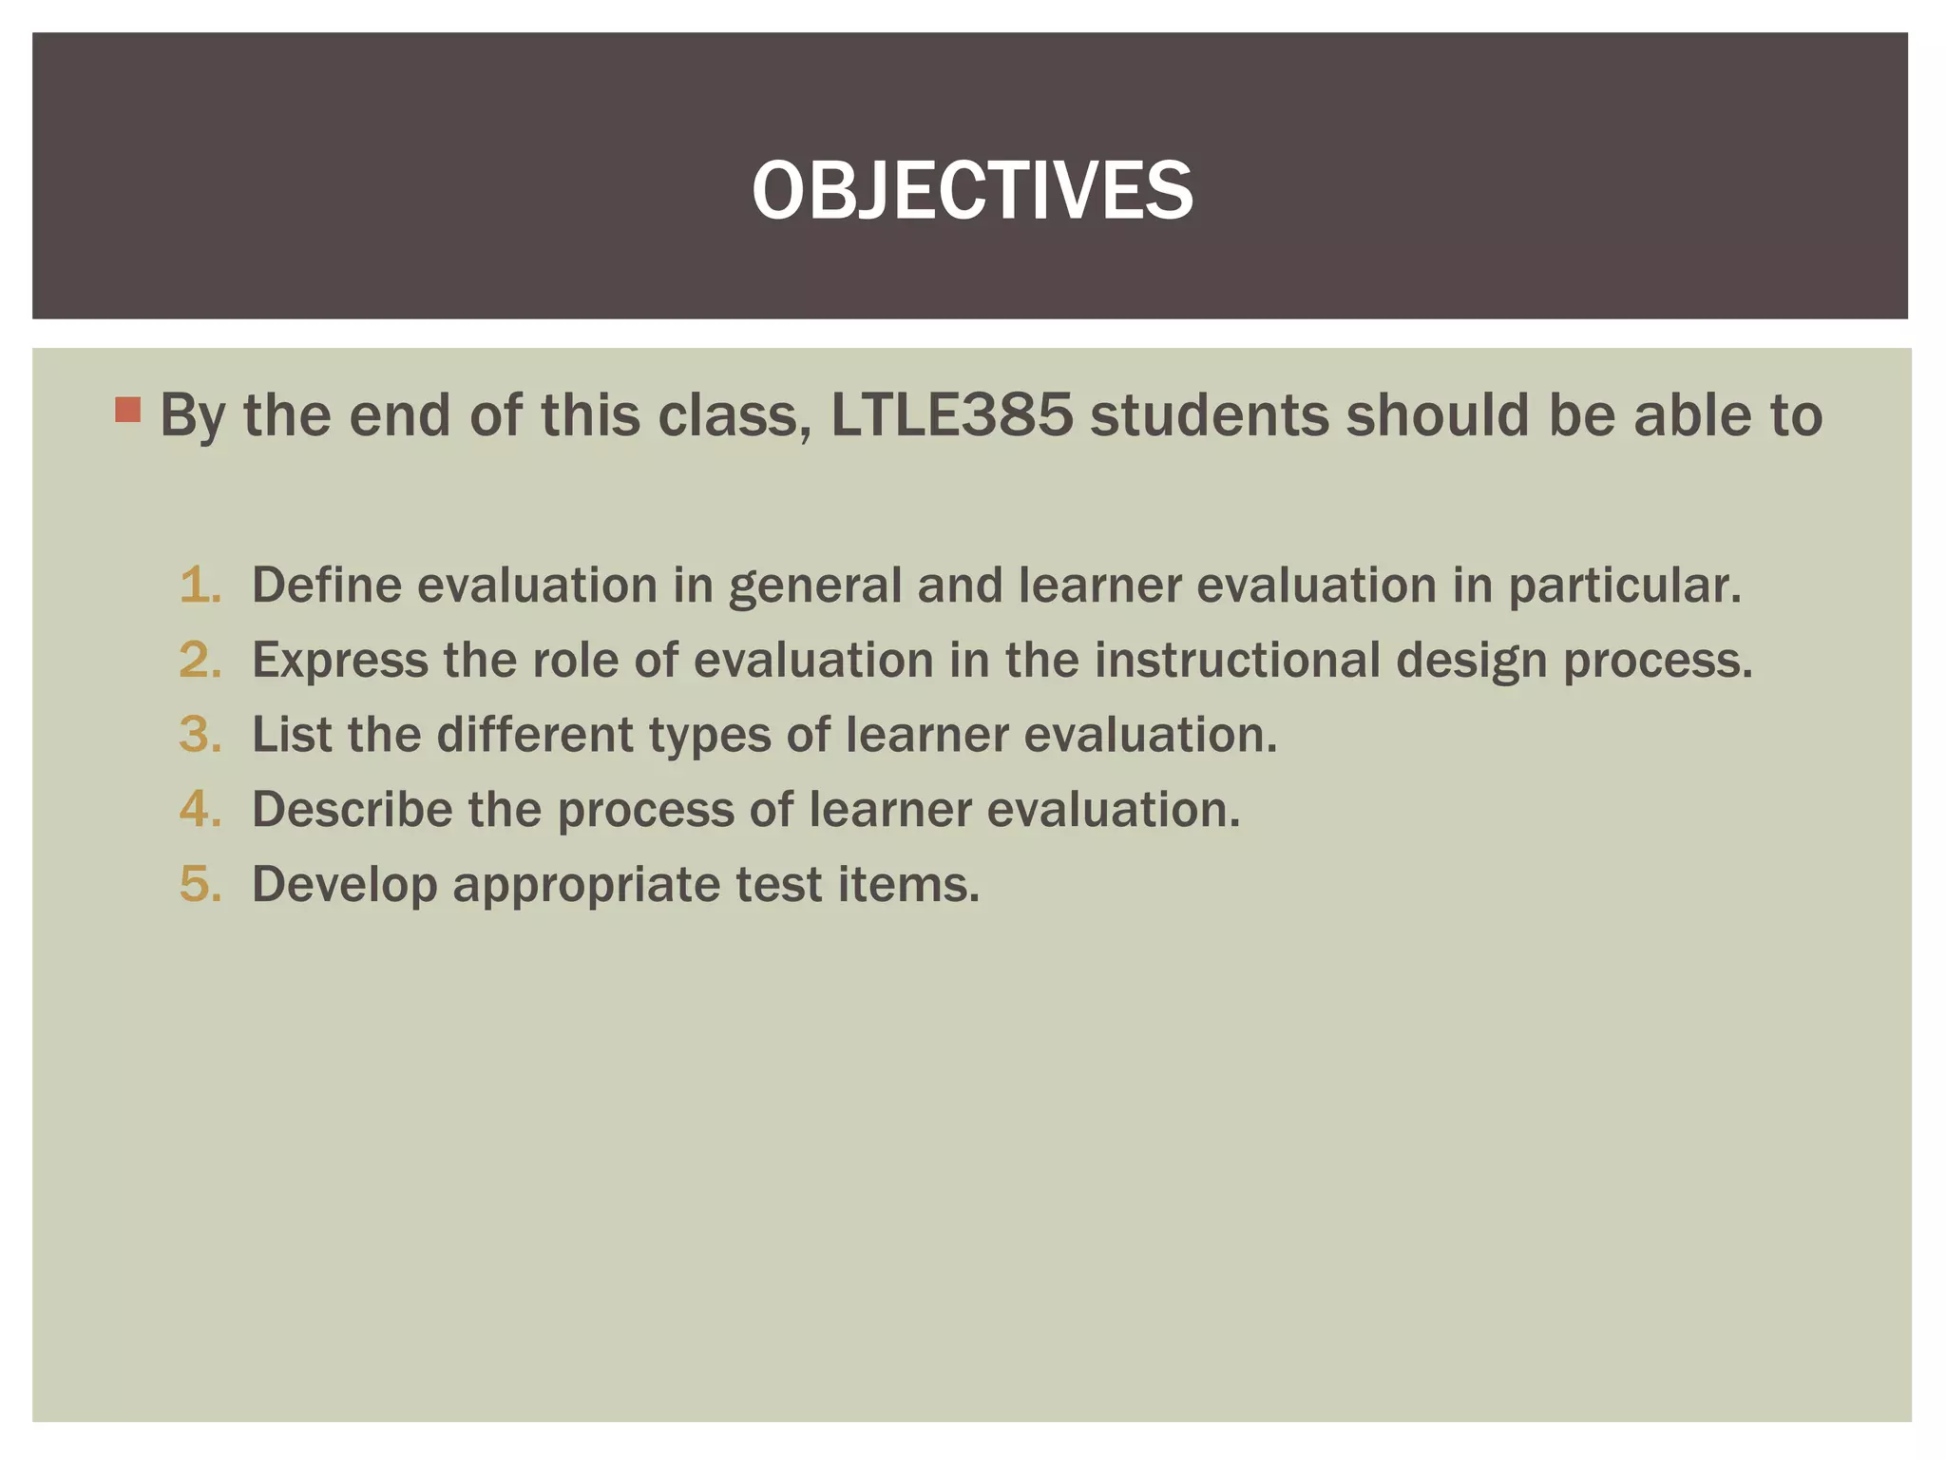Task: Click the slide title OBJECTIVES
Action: (972, 190)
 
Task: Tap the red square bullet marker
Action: (127, 410)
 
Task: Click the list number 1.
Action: (200, 585)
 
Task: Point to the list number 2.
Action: (200, 660)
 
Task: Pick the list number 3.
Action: (200, 735)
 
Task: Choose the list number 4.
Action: (200, 810)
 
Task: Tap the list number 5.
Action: (200, 885)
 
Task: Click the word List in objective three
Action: (291, 735)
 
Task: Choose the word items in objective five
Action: (907, 885)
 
